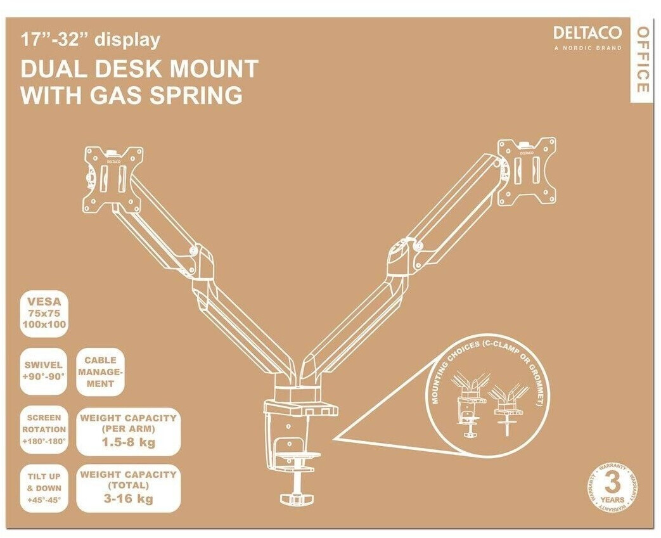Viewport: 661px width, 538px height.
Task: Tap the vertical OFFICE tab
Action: pyautogui.click(x=641, y=61)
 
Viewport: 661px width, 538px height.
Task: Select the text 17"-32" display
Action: pyautogui.click(x=91, y=41)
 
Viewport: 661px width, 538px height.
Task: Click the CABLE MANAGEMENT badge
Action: pyautogui.click(x=99, y=371)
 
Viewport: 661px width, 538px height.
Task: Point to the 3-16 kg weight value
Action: pyautogui.click(x=128, y=499)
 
